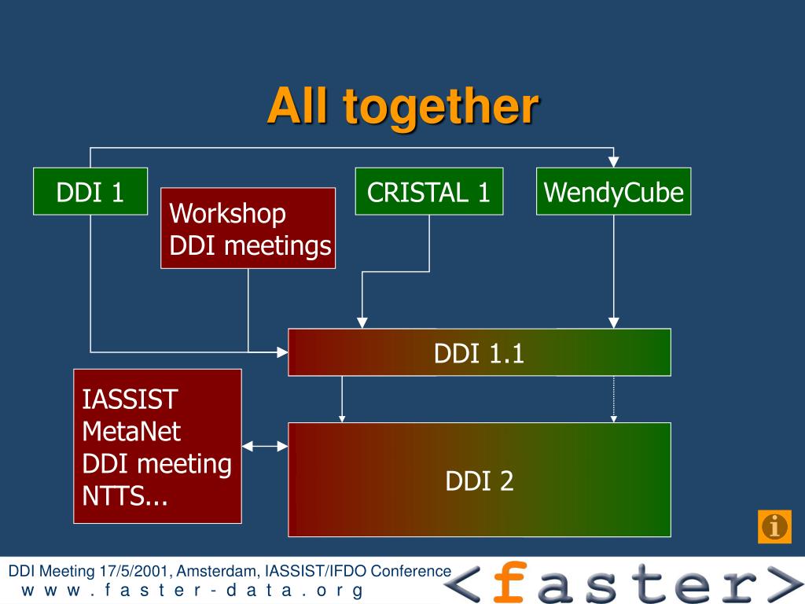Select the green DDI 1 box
[x=90, y=191]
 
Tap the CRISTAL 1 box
[x=429, y=191]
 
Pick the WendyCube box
[x=613, y=191]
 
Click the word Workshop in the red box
[x=228, y=213]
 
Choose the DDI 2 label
[x=480, y=480]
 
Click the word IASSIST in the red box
[x=130, y=400]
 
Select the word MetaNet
[x=131, y=431]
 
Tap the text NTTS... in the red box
[x=126, y=495]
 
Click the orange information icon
[x=774, y=526]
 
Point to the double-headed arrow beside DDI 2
[x=265, y=447]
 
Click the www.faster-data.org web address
[x=192, y=591]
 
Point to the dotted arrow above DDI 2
[x=613, y=399]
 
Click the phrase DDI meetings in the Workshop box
[x=250, y=246]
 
